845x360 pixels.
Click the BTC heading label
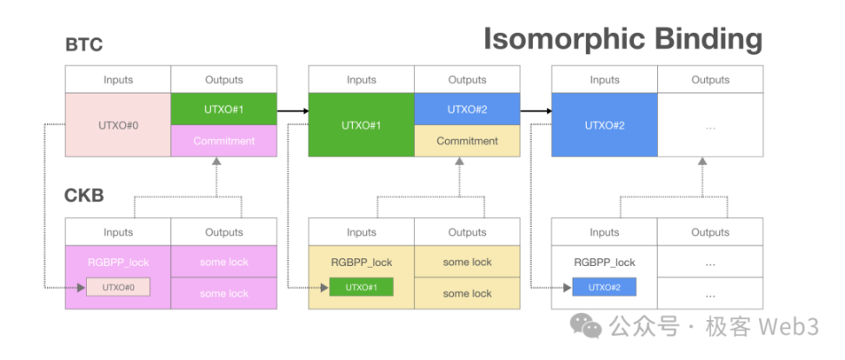(83, 45)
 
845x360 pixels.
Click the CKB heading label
(84, 196)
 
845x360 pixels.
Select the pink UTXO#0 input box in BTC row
(118, 125)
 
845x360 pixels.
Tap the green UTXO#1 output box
(223, 110)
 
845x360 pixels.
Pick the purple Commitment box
(223, 141)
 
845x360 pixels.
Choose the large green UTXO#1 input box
(361, 125)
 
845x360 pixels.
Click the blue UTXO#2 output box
(467, 110)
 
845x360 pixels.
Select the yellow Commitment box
(467, 141)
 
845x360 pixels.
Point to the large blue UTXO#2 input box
(604, 125)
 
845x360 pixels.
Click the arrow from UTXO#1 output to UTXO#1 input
(293, 110)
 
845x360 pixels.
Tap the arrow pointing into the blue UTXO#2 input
(536, 110)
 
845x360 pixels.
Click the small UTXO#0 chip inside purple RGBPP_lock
(118, 287)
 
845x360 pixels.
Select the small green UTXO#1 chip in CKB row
(361, 287)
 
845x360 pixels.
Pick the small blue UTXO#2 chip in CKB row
(604, 287)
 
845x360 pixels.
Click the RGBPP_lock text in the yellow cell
(361, 262)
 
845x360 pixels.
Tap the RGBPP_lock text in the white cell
(604, 262)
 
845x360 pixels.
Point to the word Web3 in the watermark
(788, 328)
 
